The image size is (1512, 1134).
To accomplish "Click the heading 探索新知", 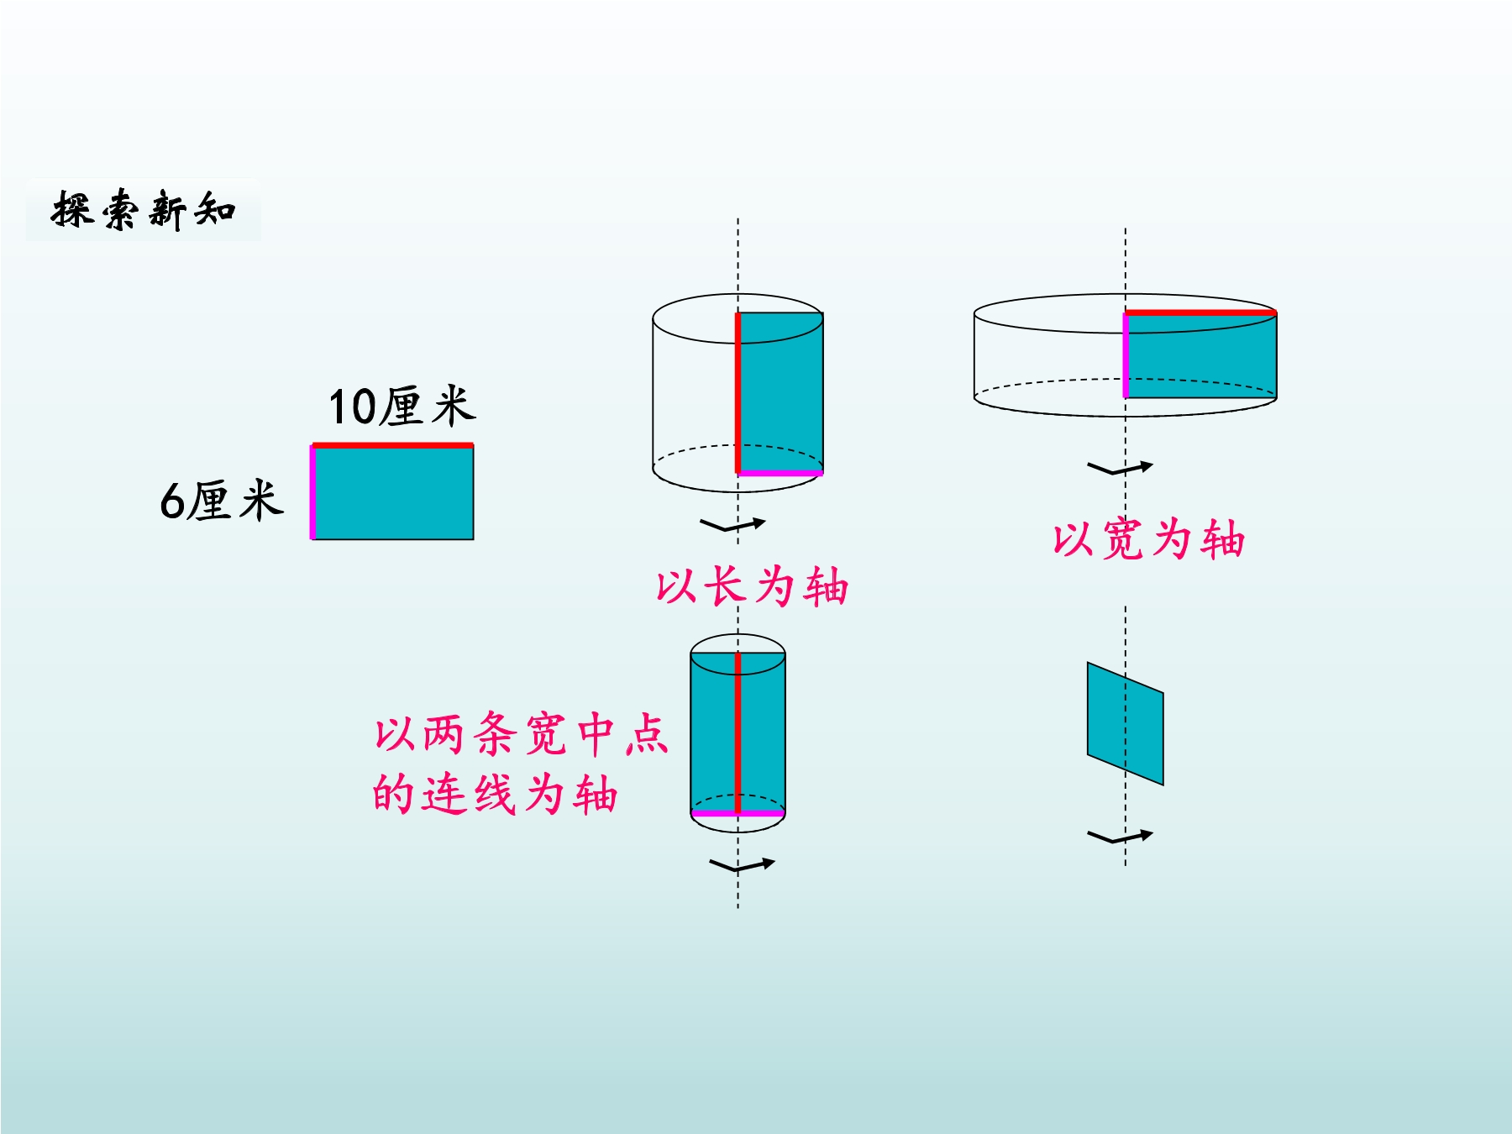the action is (144, 209).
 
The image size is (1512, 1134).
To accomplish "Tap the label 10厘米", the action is (402, 407).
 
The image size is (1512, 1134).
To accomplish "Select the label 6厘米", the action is (222, 501).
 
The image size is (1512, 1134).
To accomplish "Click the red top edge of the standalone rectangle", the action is (392, 445).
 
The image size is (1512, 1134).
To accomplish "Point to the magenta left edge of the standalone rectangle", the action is (312, 492).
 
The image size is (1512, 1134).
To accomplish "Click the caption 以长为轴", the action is (752, 585).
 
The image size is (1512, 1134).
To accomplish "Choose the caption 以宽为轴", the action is (1148, 538).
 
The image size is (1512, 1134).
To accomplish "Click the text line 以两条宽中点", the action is (521, 733).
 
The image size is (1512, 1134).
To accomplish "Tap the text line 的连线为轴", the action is (496, 794).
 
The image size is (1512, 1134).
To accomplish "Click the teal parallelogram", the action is (1126, 723).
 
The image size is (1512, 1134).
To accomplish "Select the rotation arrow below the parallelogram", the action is (1121, 837).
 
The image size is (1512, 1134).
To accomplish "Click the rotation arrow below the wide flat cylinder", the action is (1121, 468).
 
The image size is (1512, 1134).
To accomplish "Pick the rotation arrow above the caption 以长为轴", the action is (732, 525).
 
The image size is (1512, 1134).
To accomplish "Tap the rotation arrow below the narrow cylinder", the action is (742, 865).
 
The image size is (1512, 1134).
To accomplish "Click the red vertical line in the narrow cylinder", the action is (738, 732).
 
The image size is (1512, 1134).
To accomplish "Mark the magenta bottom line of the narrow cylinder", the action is (738, 813).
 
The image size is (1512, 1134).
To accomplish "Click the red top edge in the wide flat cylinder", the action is (1201, 312).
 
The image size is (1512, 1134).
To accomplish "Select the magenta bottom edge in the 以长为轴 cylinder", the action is (780, 473).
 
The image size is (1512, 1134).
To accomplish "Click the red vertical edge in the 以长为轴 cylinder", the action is (738, 393).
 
